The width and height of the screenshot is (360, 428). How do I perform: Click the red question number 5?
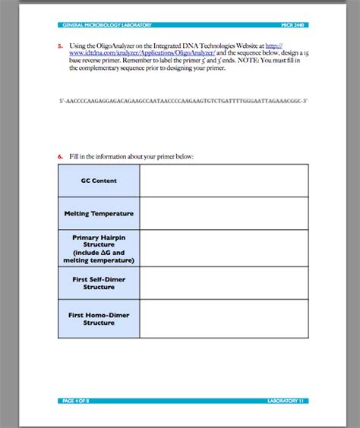click(x=60, y=45)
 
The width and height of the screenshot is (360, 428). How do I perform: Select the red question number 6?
click(x=60, y=156)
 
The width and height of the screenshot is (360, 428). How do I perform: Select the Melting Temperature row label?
click(x=98, y=214)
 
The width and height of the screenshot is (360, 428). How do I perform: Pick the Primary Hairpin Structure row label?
click(x=98, y=248)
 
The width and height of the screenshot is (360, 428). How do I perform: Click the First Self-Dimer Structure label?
click(x=98, y=283)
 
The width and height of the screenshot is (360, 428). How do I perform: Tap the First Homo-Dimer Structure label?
click(x=98, y=318)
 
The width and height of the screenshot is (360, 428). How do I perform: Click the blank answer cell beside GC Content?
click(x=223, y=181)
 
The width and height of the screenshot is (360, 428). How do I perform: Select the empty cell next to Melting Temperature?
click(x=223, y=214)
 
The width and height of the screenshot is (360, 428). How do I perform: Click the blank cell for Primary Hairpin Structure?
click(x=223, y=248)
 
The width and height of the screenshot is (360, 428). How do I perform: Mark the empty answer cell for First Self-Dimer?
click(x=223, y=283)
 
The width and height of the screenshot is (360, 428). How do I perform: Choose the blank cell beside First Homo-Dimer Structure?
click(x=223, y=318)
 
